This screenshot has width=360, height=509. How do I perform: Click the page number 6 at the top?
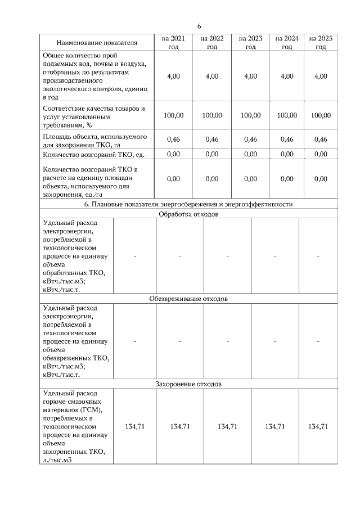[199, 26]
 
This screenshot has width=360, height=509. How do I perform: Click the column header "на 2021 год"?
[173, 43]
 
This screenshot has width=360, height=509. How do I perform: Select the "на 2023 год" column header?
[250, 43]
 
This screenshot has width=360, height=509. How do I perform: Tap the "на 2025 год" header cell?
[321, 43]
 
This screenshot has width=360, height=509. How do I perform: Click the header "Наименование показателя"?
[97, 43]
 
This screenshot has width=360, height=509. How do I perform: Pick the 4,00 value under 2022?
[212, 76]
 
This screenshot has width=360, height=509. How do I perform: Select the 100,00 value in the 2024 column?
[287, 115]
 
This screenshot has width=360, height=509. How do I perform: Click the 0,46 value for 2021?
[173, 139]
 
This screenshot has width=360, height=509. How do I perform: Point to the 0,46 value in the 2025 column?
[321, 139]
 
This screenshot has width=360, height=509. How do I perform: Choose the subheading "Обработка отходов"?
[188, 214]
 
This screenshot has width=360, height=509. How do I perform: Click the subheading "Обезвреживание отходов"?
[188, 298]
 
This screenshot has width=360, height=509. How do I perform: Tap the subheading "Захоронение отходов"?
[188, 384]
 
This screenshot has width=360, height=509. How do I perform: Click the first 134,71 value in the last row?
[135, 427]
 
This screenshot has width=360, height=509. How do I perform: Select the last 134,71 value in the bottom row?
[318, 427]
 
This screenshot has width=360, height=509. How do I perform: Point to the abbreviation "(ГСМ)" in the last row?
[92, 409]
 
